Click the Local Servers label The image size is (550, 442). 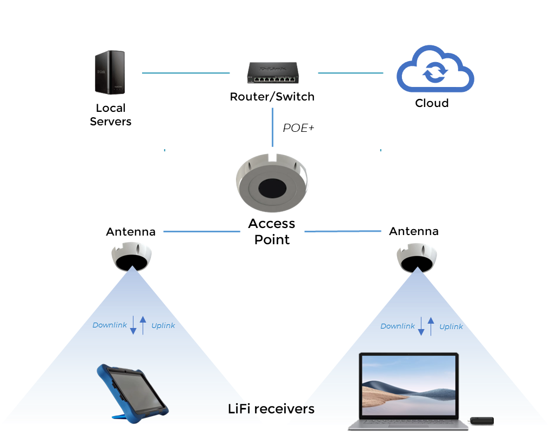tap(110, 115)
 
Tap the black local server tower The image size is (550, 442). tap(110, 71)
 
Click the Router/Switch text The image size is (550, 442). tap(272, 97)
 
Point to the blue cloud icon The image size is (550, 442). tap(435, 70)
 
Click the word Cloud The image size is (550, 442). tap(432, 103)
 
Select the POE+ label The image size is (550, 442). tap(298, 128)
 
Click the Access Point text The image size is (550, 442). tap(272, 231)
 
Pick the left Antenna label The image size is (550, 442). tap(131, 232)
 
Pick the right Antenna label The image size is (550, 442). tap(414, 231)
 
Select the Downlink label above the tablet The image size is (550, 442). tap(110, 325)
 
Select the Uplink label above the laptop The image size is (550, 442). tap(451, 326)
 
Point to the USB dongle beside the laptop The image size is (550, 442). tap(481, 420)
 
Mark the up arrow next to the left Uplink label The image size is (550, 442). tap(143, 325)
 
